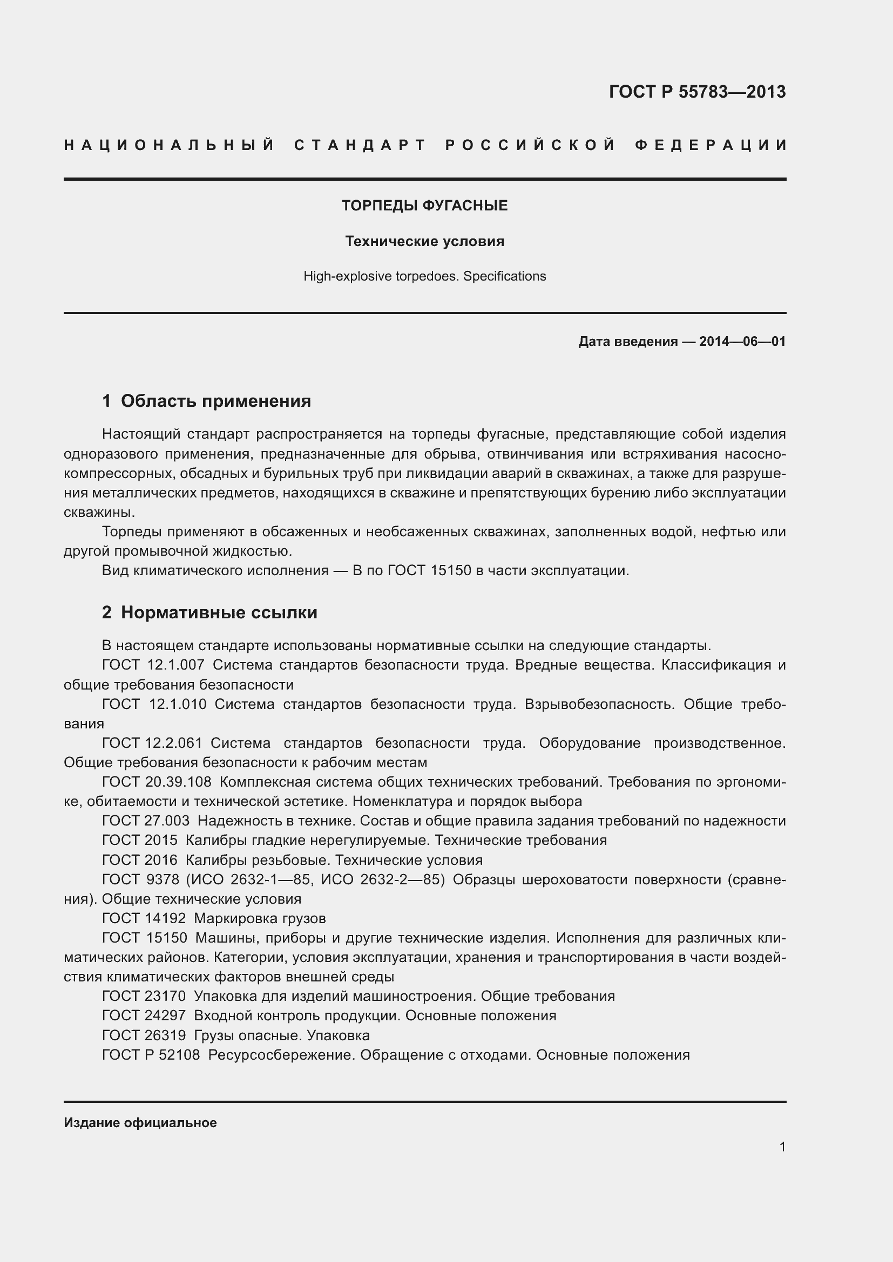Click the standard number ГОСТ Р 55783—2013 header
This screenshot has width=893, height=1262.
point(696,92)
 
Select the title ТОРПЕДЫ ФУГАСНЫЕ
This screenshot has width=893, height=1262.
point(424,206)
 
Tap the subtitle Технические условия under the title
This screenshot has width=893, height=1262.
point(424,241)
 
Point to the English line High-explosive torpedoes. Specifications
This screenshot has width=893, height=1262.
point(424,276)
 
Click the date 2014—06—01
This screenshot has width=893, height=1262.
point(742,342)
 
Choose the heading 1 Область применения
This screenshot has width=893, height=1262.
point(206,401)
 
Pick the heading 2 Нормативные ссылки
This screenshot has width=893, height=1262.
point(209,612)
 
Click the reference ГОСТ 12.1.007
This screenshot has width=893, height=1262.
point(153,665)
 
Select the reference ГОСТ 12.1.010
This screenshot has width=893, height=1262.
point(154,704)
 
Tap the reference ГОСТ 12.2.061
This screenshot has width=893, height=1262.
point(152,743)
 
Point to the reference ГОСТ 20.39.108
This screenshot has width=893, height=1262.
point(156,782)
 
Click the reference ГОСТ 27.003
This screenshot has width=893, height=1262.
point(146,821)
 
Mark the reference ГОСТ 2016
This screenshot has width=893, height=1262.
point(140,859)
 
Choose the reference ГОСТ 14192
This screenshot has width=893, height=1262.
point(144,918)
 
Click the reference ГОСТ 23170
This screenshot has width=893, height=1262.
point(144,996)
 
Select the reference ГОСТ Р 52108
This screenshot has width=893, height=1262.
point(151,1055)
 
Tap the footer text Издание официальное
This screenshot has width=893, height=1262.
point(140,1122)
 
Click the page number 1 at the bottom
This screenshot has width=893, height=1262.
point(782,1147)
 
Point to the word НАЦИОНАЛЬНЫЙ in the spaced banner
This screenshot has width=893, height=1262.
point(170,145)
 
